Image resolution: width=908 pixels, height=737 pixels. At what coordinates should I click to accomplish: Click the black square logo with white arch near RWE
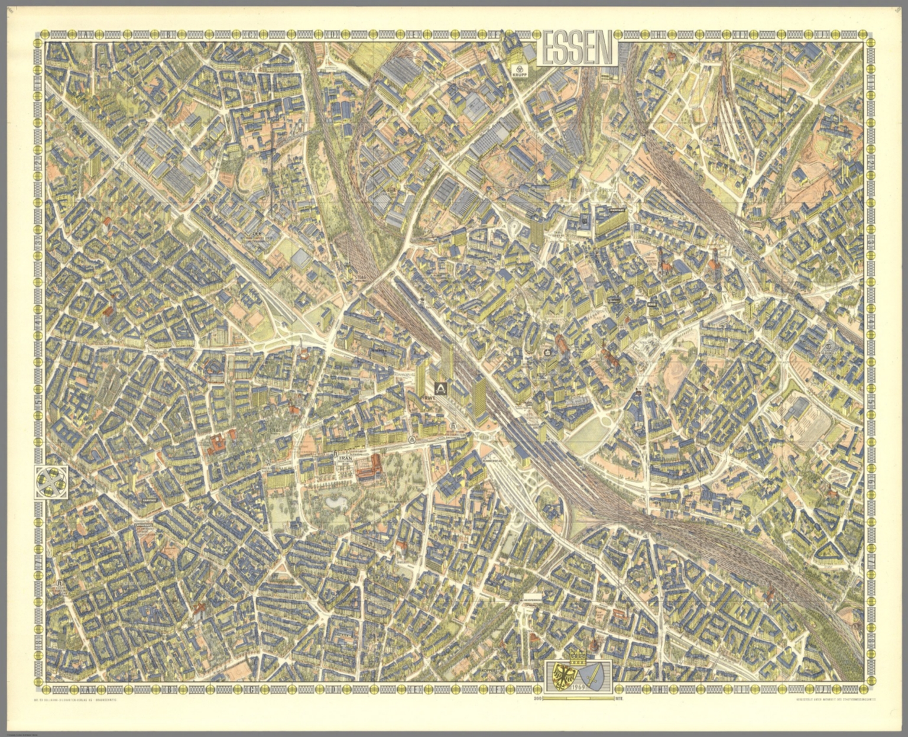[x=441, y=388]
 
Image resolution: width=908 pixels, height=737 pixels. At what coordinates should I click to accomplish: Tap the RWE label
[x=430, y=399]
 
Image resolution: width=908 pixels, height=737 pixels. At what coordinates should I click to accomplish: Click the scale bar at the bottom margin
[x=576, y=699]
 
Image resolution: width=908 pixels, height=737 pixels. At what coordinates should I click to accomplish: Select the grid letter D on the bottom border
[x=335, y=689]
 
